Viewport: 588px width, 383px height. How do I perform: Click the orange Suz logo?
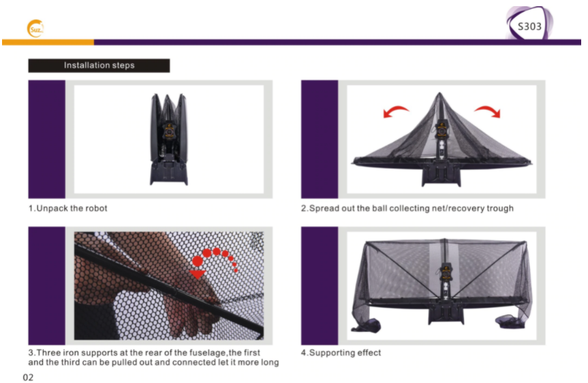coord(35,29)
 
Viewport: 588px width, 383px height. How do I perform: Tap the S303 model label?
coord(529,27)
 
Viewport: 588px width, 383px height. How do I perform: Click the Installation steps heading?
coord(99,65)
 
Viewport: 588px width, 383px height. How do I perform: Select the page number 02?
coord(28,377)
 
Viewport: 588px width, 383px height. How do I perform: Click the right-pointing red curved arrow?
coord(488,110)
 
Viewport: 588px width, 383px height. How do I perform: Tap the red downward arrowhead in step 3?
coord(198,274)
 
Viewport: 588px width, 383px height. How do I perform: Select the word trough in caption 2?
coord(500,209)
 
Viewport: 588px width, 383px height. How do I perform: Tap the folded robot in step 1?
coord(169,139)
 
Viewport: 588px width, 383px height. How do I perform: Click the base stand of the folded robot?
coord(169,173)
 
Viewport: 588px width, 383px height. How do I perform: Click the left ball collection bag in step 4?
coord(367,325)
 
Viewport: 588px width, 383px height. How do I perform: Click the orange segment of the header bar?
coord(48,42)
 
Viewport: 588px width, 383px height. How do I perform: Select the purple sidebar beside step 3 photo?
coord(46,286)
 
